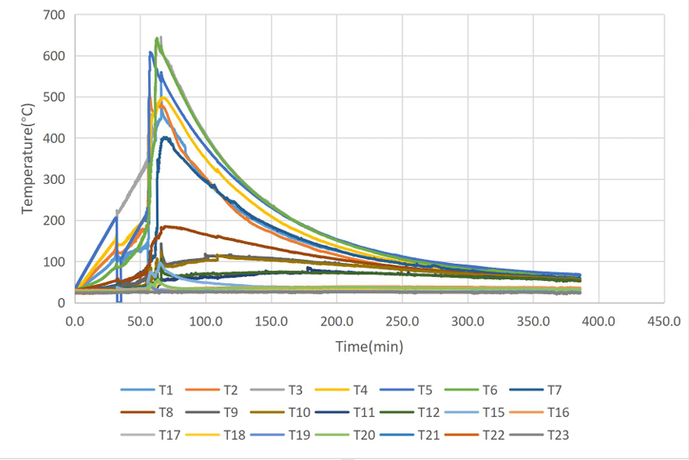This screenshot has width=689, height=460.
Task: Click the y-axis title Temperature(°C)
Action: pyautogui.click(x=28, y=159)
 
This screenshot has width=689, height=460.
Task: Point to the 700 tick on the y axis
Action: pyautogui.click(x=55, y=15)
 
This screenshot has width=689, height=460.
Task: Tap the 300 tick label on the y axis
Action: pyautogui.click(x=55, y=180)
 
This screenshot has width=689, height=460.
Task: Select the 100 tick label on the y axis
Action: pyautogui.click(x=55, y=262)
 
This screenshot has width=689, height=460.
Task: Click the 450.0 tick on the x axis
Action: pyautogui.click(x=664, y=321)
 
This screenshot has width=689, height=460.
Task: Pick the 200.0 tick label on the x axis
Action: pyautogui.click(x=336, y=321)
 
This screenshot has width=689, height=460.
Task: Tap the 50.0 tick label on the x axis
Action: pyautogui.click(x=140, y=321)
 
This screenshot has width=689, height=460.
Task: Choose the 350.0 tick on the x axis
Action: pyautogui.click(x=533, y=321)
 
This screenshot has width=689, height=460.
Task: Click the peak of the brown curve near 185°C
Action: pyautogui.click(x=166, y=226)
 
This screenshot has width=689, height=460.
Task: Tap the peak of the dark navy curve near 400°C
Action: pyautogui.click(x=165, y=137)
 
